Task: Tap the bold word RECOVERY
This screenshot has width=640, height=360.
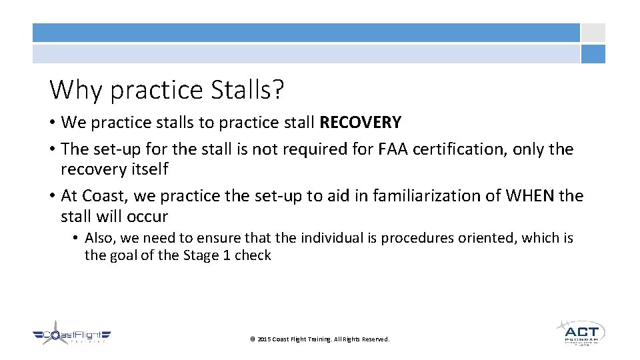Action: [x=361, y=123]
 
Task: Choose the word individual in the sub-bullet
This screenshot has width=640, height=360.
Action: [x=336, y=238]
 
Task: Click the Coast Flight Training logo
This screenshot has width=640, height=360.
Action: [x=72, y=335]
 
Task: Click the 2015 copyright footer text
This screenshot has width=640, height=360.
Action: [x=319, y=339]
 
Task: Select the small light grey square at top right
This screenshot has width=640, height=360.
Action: [x=593, y=33]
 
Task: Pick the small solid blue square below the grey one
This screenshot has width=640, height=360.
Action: [x=593, y=54]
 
